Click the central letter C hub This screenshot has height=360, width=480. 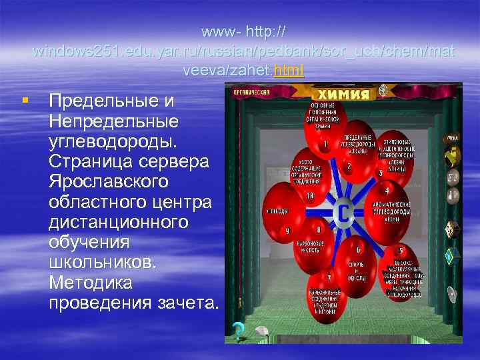[343, 212]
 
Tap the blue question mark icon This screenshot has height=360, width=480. [236, 329]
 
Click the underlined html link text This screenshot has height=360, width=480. [291, 70]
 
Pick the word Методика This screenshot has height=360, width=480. [91, 282]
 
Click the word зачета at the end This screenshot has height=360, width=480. [189, 302]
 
